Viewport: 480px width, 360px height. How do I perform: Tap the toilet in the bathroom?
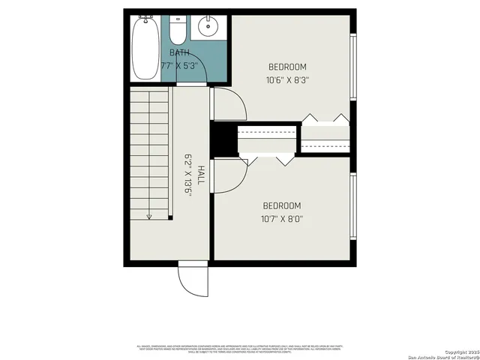pyautogui.click(x=178, y=30)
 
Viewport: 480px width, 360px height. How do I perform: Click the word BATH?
pyautogui.click(x=179, y=52)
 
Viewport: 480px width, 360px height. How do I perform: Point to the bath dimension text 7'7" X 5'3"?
pyautogui.click(x=178, y=66)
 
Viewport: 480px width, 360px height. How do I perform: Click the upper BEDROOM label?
pyautogui.click(x=286, y=67)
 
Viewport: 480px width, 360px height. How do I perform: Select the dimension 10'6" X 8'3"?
pyautogui.click(x=286, y=80)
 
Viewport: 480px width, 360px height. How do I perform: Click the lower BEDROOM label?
pyautogui.click(x=281, y=206)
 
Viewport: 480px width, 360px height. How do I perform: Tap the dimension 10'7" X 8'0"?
pyautogui.click(x=281, y=220)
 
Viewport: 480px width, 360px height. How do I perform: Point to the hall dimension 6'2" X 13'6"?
pyautogui.click(x=189, y=175)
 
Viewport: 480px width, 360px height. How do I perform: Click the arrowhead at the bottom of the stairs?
pyautogui.click(x=149, y=217)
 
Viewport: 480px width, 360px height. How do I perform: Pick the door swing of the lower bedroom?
pyautogui.click(x=229, y=175)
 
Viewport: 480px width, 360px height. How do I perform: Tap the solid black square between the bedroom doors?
pyautogui.click(x=223, y=139)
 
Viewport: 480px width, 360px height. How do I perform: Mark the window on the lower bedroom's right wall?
pyautogui.click(x=352, y=208)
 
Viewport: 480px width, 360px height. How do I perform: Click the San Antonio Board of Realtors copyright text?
pyautogui.click(x=442, y=353)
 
